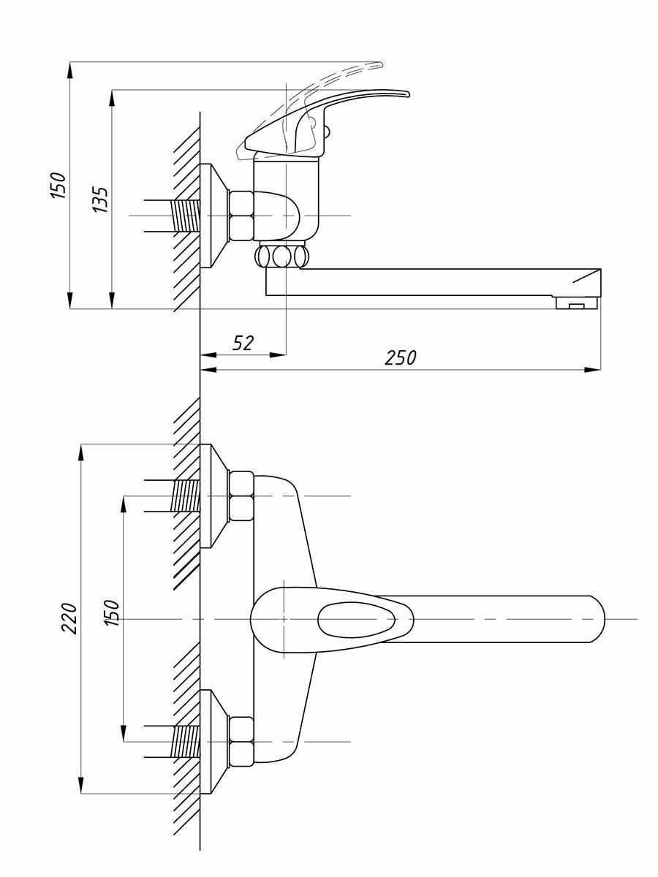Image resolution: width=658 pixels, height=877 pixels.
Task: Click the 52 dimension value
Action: (243, 343)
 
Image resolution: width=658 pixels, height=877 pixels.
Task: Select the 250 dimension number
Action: (400, 358)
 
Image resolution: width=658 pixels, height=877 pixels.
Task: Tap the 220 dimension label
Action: (68, 618)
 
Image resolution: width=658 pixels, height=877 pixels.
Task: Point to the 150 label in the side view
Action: (58, 186)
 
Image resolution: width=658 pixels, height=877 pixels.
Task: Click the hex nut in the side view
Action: (241, 216)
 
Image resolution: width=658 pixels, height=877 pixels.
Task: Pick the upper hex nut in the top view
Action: (241, 496)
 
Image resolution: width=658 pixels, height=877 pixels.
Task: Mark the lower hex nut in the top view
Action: (241, 741)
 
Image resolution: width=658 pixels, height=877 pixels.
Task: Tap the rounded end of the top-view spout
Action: (596, 619)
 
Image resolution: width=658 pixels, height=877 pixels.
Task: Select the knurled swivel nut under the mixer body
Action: (281, 257)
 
